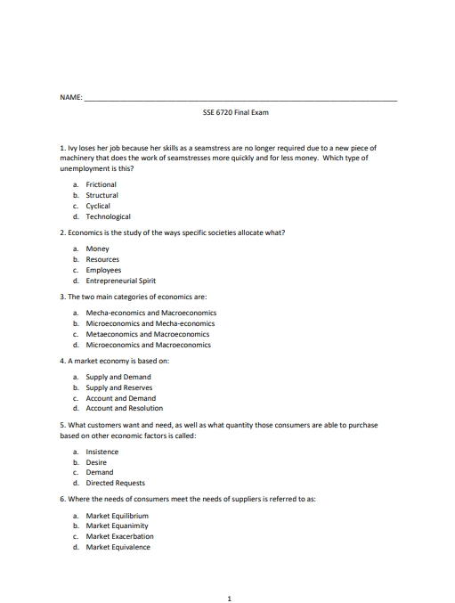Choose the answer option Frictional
[x=101, y=184]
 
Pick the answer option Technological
[x=108, y=216]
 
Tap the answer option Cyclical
[x=98, y=206]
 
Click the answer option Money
[x=97, y=249]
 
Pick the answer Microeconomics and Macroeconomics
[x=148, y=345]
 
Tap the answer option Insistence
[x=102, y=452]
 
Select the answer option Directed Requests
[x=115, y=484]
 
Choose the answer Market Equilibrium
[x=117, y=516]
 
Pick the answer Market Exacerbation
[x=119, y=537]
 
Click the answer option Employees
[x=103, y=270]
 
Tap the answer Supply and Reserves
[x=118, y=387]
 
